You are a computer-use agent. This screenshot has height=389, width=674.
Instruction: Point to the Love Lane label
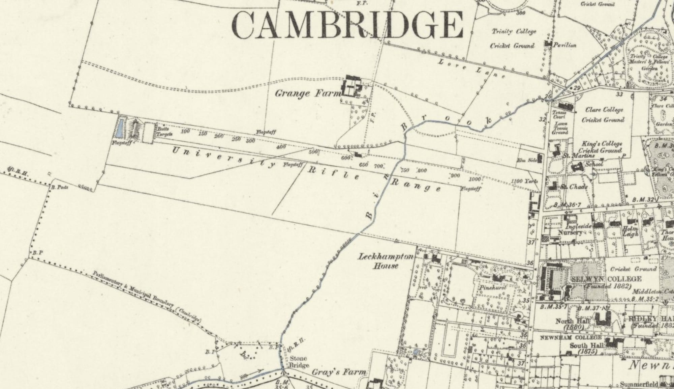click(x=472, y=68)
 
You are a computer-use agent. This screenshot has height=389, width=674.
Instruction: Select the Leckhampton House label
click(x=386, y=261)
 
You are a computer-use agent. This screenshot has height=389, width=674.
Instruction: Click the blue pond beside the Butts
click(x=119, y=129)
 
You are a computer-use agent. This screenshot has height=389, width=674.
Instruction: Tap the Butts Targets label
click(x=164, y=132)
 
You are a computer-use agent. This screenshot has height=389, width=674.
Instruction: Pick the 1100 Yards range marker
click(x=524, y=181)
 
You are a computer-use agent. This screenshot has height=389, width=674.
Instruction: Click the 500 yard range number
click(x=313, y=152)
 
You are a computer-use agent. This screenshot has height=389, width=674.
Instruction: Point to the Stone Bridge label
click(x=299, y=362)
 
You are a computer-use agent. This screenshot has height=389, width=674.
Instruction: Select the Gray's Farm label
click(x=339, y=372)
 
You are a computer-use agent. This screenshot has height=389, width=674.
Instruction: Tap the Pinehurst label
click(x=493, y=288)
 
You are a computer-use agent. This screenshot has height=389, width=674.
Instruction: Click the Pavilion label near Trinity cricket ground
click(x=565, y=45)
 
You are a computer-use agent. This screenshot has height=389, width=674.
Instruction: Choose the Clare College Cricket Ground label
click(x=603, y=115)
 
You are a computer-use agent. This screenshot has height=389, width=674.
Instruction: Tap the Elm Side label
click(x=527, y=160)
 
